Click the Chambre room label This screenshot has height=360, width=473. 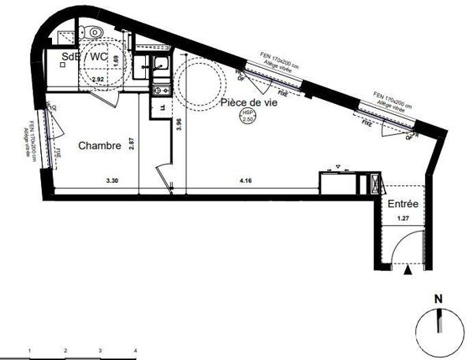[99, 146]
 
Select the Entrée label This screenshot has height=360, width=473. [402, 204]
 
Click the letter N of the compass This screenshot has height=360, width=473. [440, 299]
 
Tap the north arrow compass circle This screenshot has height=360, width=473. [440, 329]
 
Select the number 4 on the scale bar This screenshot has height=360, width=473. [136, 349]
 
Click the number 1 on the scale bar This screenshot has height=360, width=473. [29, 349]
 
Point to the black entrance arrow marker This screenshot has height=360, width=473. [408, 270]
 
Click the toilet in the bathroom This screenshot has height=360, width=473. [96, 32]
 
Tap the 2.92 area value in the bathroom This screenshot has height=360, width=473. [98, 80]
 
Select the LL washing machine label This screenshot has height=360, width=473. [162, 108]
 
